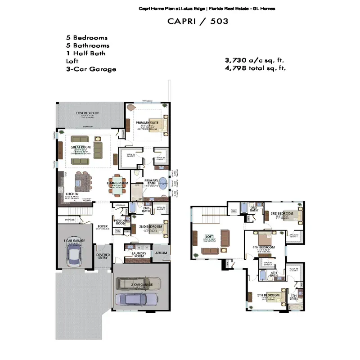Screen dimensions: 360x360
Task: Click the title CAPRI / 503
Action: click(198, 21)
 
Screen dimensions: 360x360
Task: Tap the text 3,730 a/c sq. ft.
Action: click(254, 60)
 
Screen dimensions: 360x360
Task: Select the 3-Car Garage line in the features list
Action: click(91, 69)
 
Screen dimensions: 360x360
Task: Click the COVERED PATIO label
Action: click(88, 113)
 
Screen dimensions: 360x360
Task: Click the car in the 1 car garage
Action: click(74, 256)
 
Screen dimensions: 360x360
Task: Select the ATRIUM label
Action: click(161, 253)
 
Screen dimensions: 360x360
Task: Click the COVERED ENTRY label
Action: click(103, 256)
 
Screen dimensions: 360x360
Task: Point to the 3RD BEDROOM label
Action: click(282, 213)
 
